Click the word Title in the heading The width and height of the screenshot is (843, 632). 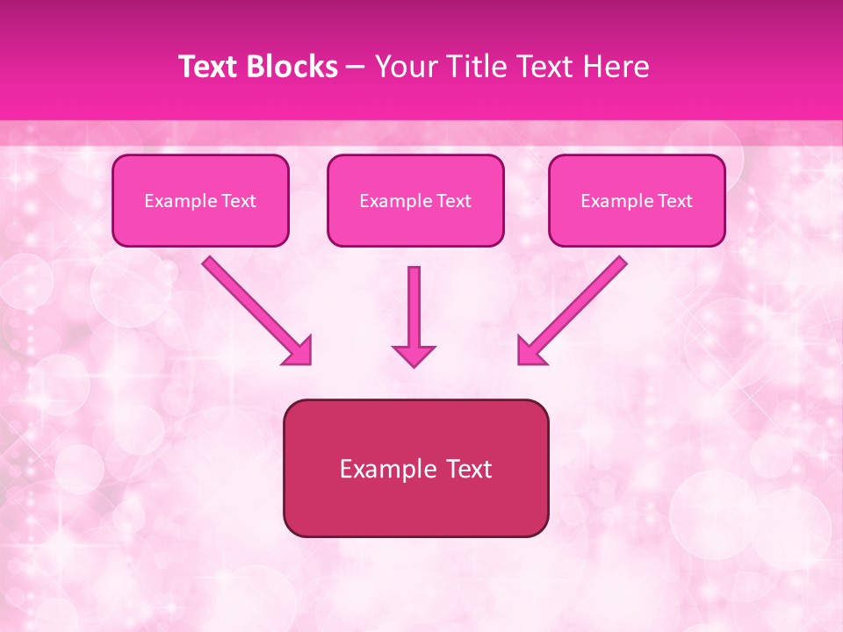(x=475, y=67)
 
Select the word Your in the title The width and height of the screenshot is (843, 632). (x=403, y=67)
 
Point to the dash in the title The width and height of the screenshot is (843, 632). (x=356, y=68)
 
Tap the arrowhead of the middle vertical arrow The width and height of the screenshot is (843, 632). (x=414, y=355)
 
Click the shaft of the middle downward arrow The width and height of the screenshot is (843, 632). (x=414, y=303)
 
